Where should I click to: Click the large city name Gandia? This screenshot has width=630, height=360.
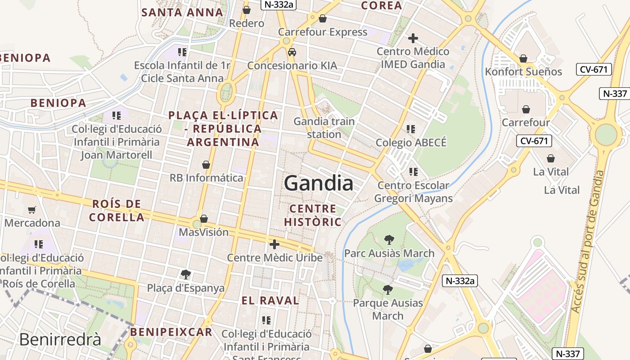click(x=319, y=184)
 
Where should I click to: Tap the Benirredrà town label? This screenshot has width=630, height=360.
click(x=60, y=339)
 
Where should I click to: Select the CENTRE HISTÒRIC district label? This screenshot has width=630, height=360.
click(x=313, y=215)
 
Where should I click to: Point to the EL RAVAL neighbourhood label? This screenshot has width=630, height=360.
click(x=270, y=301)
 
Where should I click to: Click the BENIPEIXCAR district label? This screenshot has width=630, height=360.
click(x=171, y=332)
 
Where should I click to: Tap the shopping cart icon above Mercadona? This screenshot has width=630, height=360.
click(x=31, y=210)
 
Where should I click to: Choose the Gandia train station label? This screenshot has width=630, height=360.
click(x=324, y=128)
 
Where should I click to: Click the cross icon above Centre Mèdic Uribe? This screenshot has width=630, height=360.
click(x=274, y=244)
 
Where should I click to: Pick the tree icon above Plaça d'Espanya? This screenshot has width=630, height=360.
click(x=185, y=274)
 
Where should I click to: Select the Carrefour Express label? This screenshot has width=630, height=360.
click(x=323, y=32)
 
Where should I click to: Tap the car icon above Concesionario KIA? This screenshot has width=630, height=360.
click(x=292, y=52)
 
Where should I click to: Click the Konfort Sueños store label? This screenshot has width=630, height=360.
click(x=523, y=72)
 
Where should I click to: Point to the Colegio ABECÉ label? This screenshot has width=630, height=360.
click(x=411, y=143)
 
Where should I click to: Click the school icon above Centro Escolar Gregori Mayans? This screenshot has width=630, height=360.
click(x=413, y=171)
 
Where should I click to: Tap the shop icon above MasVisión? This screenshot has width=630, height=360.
click(x=204, y=219)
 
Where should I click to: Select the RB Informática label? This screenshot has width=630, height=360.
click(x=206, y=178)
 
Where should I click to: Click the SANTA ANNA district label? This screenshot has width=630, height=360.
click(x=182, y=12)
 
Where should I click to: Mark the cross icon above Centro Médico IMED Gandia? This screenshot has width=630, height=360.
click(x=413, y=38)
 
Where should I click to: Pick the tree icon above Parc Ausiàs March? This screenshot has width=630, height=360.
click(x=389, y=240)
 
